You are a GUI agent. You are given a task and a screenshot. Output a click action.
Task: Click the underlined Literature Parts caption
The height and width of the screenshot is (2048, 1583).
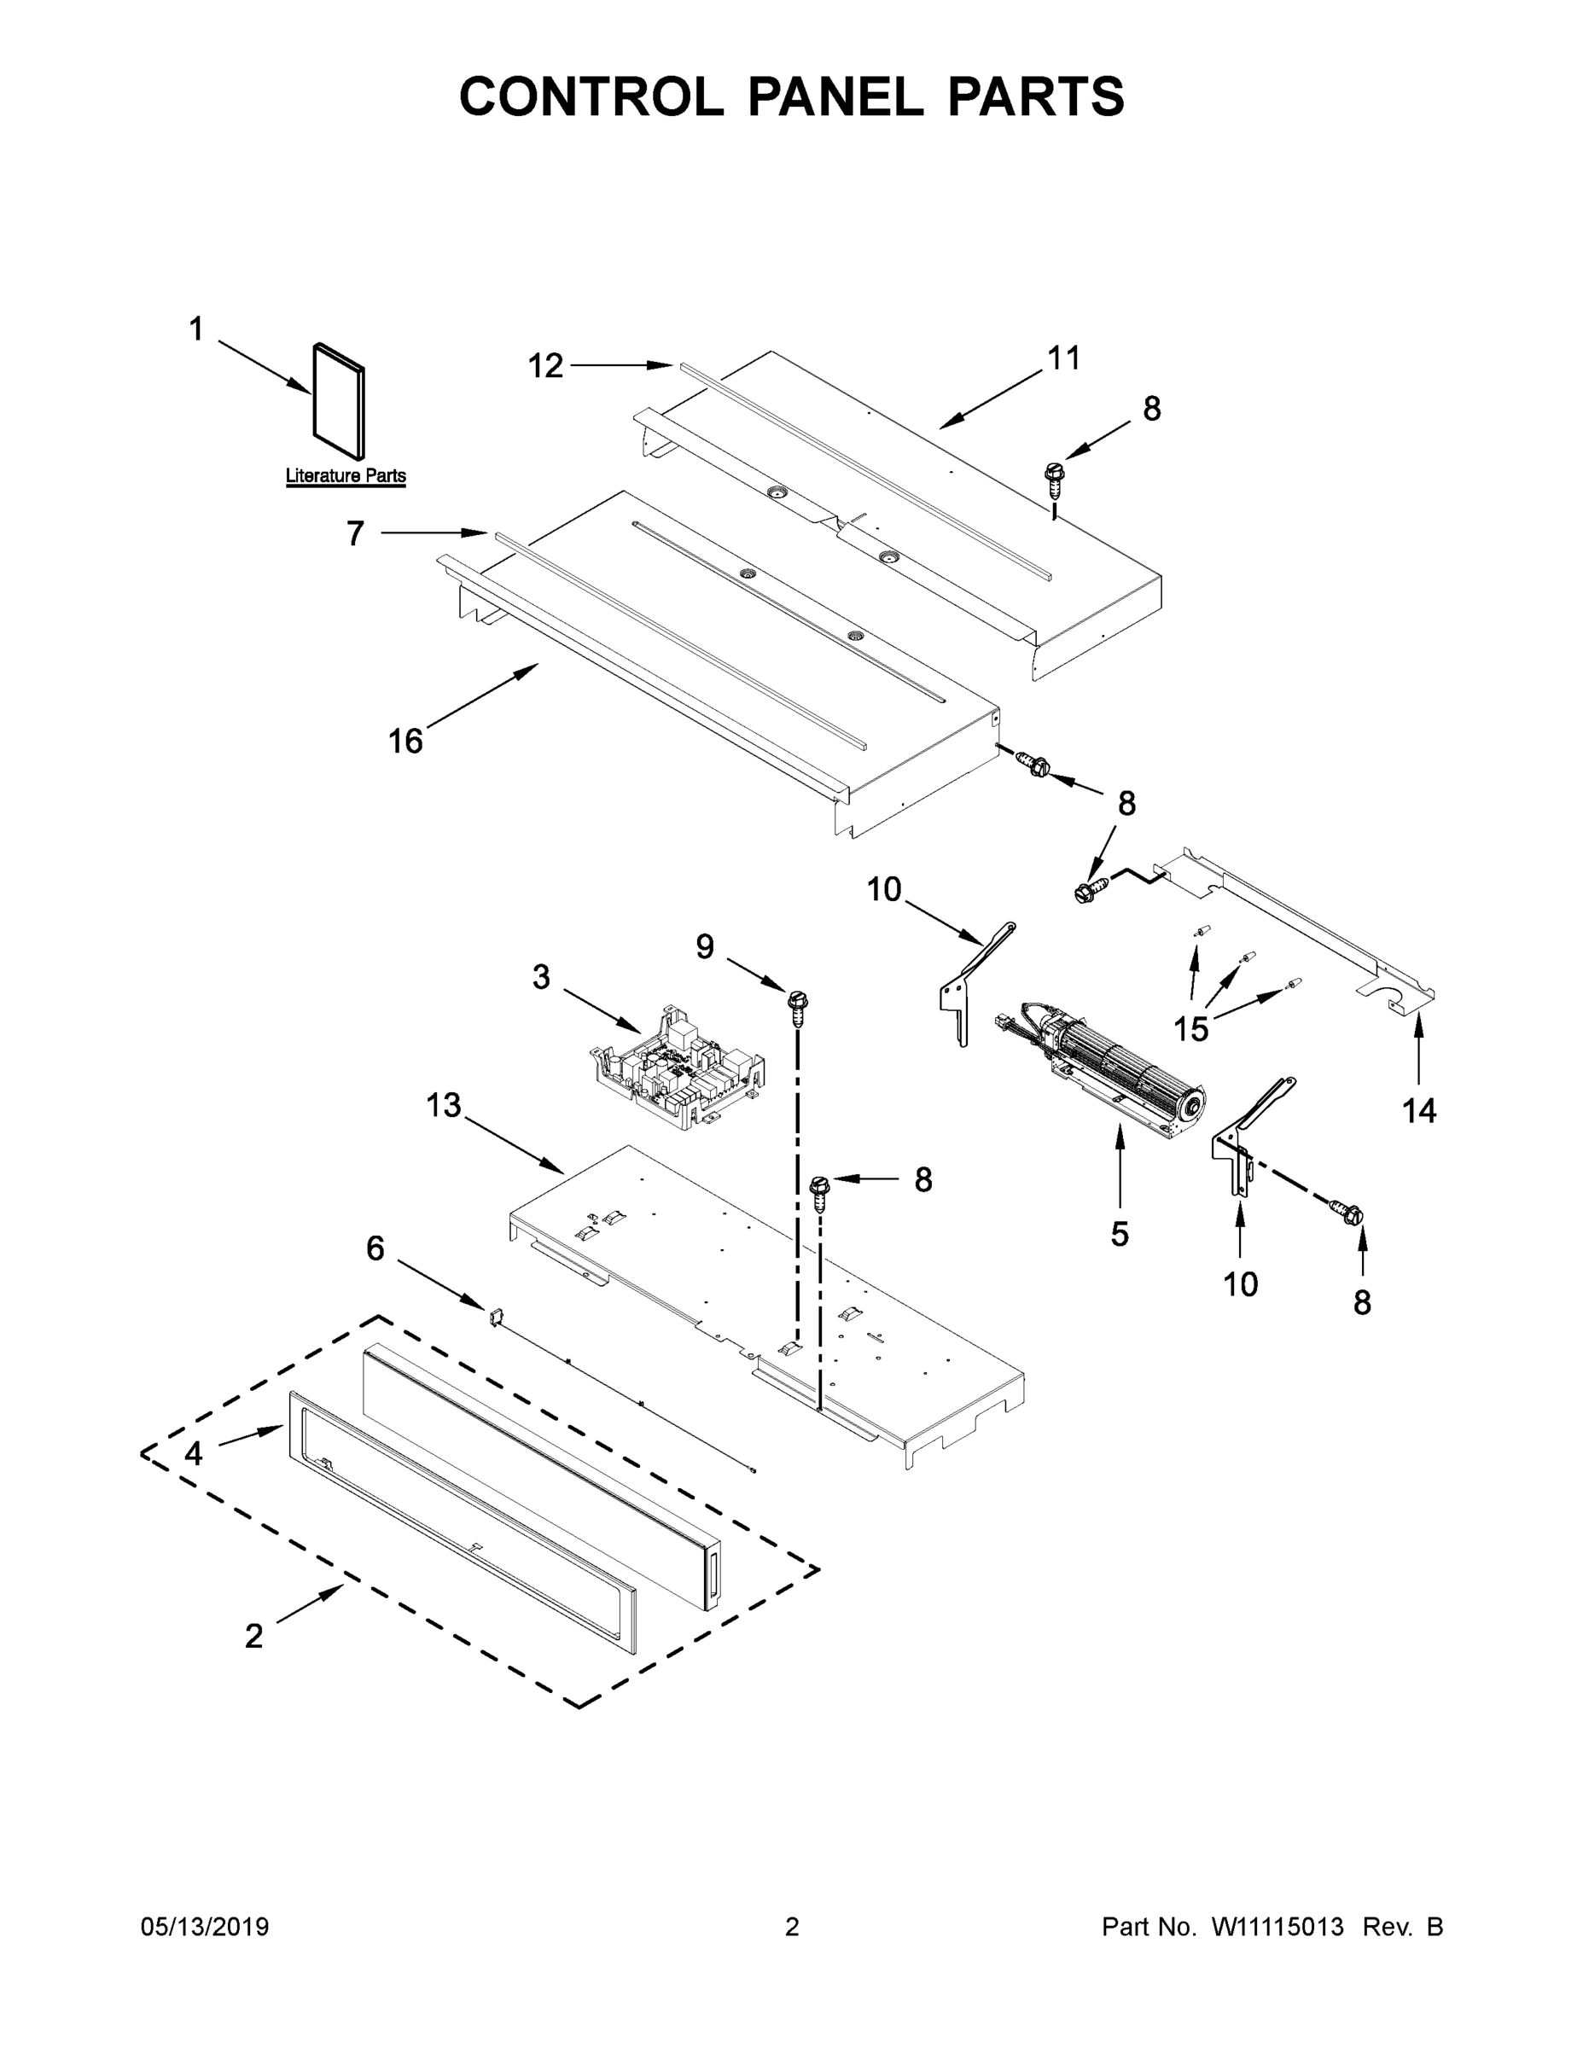pos(345,476)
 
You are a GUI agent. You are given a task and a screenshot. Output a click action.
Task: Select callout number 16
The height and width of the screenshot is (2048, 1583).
pos(405,742)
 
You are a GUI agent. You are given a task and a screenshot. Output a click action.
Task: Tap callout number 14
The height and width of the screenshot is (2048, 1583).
pos(1419,1111)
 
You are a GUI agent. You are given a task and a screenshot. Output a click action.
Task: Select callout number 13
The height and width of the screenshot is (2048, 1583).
pos(444,1106)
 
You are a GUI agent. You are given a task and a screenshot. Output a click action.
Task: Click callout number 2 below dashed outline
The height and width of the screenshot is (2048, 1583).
pos(253,1637)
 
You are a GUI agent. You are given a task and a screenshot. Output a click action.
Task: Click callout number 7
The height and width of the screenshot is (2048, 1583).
pos(354,533)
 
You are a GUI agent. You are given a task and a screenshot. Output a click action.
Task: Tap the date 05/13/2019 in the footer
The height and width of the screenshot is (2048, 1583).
pos(205,1927)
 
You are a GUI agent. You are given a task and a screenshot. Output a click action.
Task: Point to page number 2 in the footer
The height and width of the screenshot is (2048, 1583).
pos(792,1927)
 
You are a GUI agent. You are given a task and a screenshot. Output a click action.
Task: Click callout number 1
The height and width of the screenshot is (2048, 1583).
pos(195,329)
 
